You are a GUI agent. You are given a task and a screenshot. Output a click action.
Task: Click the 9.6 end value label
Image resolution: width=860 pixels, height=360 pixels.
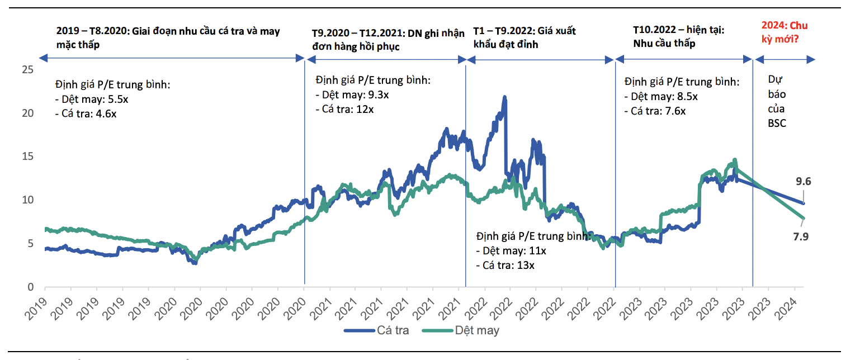[x=804, y=181]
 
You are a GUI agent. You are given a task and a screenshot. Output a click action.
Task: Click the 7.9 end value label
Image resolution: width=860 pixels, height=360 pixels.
[x=801, y=236]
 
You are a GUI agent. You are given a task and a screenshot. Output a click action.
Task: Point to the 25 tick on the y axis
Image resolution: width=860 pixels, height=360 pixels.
[x=26, y=69]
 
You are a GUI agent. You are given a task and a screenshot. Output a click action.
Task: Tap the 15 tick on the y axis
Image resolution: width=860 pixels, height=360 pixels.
[x=26, y=157]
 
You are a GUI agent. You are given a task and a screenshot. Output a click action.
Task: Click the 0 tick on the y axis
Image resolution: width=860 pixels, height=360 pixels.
[x=30, y=287]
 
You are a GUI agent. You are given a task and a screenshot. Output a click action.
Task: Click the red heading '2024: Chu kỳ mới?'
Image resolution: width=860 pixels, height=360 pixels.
[x=785, y=32]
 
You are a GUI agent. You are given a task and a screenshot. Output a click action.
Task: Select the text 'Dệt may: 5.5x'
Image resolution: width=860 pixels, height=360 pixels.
[x=95, y=100]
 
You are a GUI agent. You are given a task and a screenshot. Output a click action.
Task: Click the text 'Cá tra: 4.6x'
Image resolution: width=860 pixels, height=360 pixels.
[x=89, y=113]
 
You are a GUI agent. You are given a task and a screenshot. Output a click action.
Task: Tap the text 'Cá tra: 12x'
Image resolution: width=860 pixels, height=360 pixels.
[x=347, y=109]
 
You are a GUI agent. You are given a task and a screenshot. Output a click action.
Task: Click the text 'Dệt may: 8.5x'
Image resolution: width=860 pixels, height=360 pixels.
[x=664, y=96]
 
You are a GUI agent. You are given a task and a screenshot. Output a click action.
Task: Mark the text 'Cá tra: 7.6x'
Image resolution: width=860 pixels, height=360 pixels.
[x=658, y=111]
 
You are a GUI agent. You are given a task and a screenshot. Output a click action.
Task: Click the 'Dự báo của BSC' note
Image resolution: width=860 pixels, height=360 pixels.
[x=777, y=102]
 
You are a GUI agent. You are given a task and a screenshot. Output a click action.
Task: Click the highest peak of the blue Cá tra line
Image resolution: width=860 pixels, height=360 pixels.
[x=505, y=97]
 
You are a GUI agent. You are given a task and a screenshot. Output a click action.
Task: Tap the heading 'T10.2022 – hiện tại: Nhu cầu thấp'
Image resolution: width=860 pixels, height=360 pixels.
[x=678, y=37]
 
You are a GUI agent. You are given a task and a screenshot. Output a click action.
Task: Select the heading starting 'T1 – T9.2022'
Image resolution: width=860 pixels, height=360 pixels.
[x=524, y=37]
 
